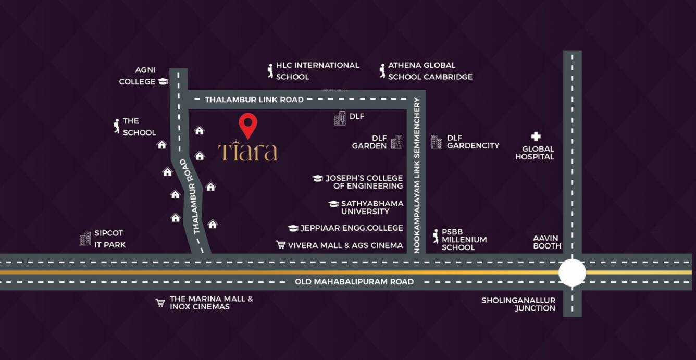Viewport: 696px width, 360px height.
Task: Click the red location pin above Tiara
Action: tap(248, 124)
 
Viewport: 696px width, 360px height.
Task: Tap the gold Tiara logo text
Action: tap(247, 151)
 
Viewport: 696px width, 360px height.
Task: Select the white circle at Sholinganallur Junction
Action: tap(572, 272)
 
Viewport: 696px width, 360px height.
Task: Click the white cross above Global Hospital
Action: tap(536, 136)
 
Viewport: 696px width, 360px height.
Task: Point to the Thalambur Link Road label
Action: tap(254, 100)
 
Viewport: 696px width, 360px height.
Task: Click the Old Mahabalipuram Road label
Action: tap(354, 282)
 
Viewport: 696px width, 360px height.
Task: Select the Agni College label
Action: tap(138, 76)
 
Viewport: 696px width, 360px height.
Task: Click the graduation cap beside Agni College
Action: tap(163, 81)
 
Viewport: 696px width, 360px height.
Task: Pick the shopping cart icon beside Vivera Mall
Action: tap(281, 245)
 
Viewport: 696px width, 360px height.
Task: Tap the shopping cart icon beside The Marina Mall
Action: tap(160, 303)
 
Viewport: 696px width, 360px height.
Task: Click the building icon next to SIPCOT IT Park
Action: tap(85, 239)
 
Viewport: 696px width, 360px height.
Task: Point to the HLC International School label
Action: tap(317, 71)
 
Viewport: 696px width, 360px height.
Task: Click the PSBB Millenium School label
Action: tap(464, 240)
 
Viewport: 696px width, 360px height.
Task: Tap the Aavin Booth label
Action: tap(547, 242)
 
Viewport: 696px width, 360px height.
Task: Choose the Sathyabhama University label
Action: tap(372, 207)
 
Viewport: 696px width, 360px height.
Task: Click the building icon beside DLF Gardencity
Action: tap(436, 142)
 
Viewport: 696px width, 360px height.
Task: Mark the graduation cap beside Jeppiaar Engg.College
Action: tap(293, 228)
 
